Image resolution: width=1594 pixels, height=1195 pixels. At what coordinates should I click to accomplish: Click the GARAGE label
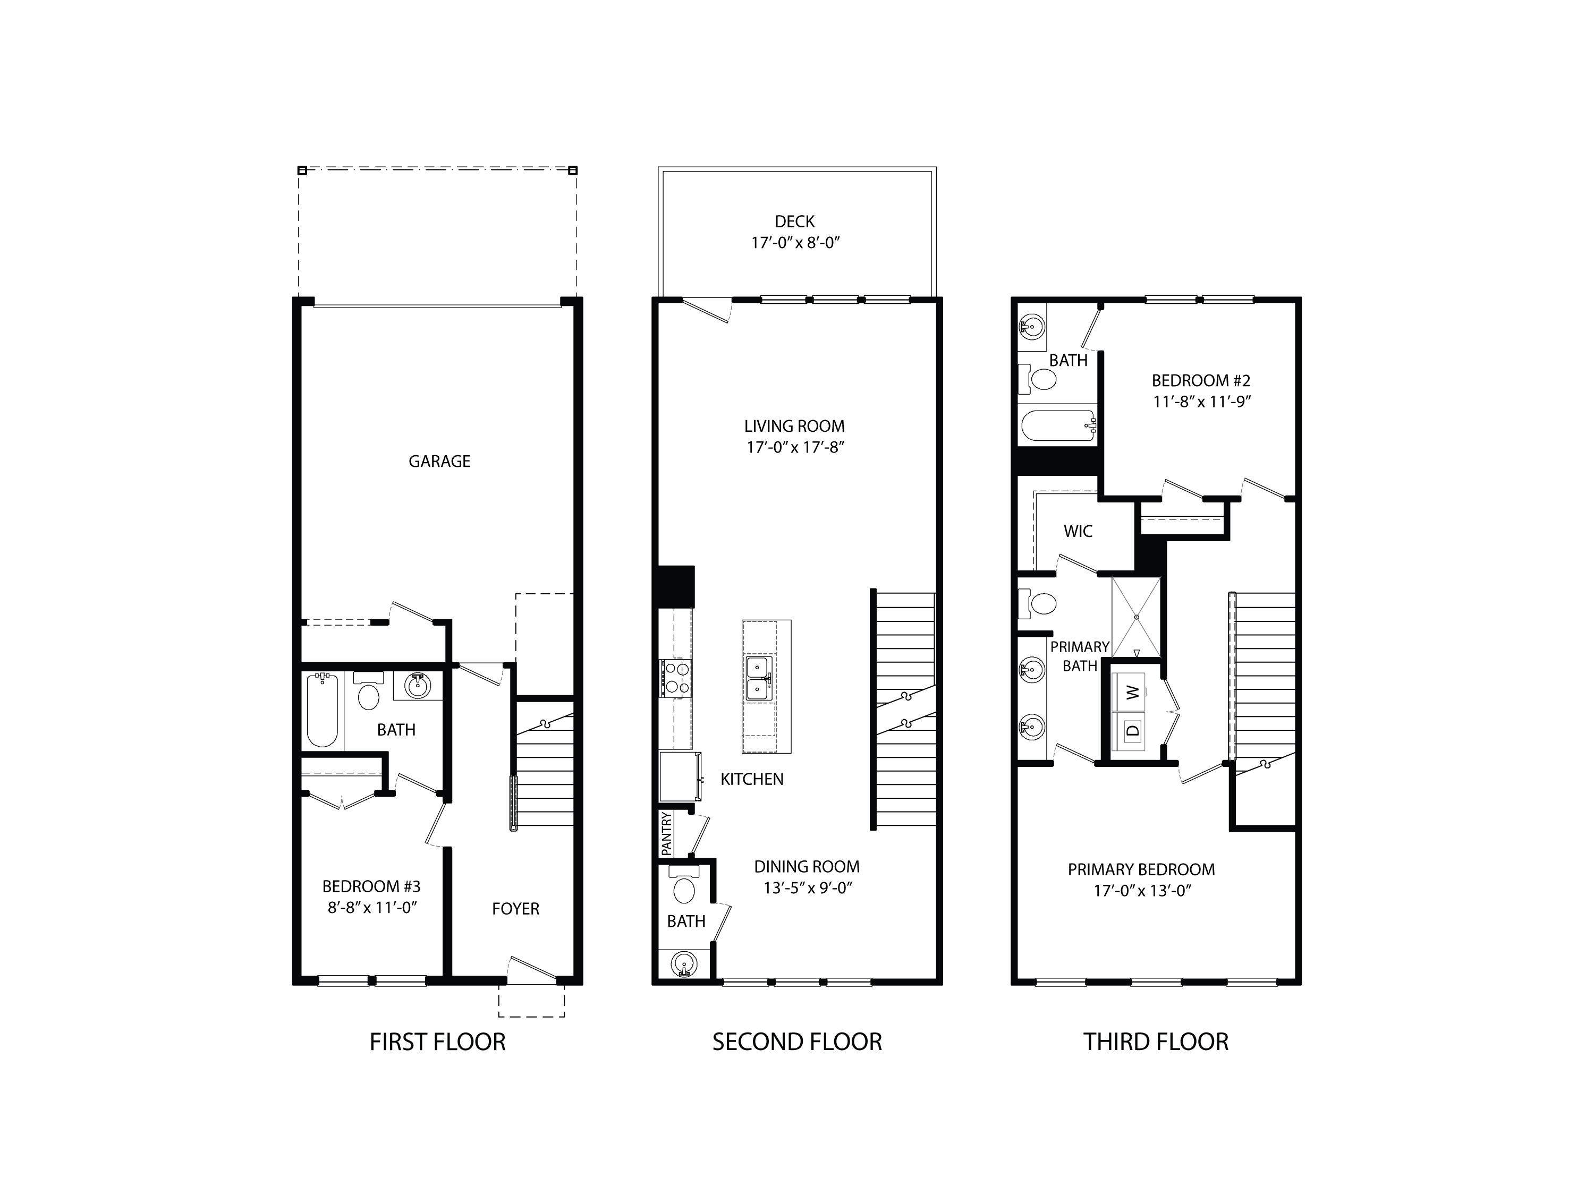(x=439, y=461)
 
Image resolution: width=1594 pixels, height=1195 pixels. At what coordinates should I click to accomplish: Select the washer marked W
(x=1133, y=692)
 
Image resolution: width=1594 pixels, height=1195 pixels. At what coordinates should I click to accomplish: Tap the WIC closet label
(x=1078, y=532)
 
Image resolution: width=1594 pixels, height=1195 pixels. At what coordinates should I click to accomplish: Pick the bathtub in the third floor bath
(x=1057, y=426)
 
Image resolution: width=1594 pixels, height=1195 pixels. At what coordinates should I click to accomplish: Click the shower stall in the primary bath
(x=1137, y=617)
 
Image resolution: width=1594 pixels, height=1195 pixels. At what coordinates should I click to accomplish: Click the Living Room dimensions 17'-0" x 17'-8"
(x=795, y=447)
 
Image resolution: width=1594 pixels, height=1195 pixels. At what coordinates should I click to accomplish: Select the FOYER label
(x=515, y=909)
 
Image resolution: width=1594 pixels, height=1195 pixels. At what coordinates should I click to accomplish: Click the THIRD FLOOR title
(x=1155, y=1042)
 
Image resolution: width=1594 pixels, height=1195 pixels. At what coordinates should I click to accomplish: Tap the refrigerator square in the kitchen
(x=679, y=776)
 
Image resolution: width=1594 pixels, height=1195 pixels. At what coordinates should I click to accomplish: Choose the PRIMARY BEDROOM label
(x=1141, y=869)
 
